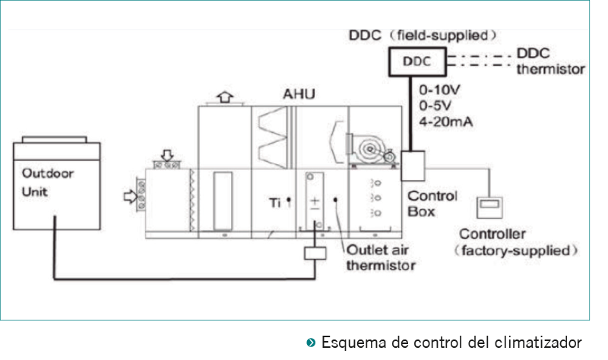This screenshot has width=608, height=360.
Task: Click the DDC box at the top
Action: click(416, 62)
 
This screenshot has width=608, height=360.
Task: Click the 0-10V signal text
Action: click(439, 90)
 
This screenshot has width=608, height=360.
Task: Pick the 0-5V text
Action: click(435, 105)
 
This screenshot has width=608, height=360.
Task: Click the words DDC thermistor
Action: click(550, 62)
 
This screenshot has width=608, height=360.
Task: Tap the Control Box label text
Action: click(432, 204)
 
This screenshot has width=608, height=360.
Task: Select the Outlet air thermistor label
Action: click(381, 258)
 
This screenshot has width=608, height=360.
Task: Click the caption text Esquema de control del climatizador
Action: click(451, 341)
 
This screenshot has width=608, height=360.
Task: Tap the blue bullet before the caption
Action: click(312, 341)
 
